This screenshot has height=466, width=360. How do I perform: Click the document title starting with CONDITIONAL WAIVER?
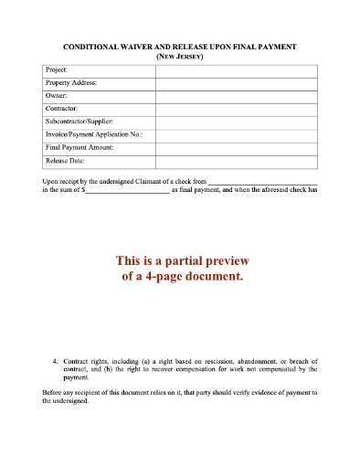[178, 46]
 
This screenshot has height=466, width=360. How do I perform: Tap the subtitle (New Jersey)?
[179, 56]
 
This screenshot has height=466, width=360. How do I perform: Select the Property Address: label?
[71, 82]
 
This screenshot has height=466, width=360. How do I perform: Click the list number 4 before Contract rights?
[56, 362]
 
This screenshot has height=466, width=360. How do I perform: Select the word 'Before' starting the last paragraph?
[53, 393]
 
